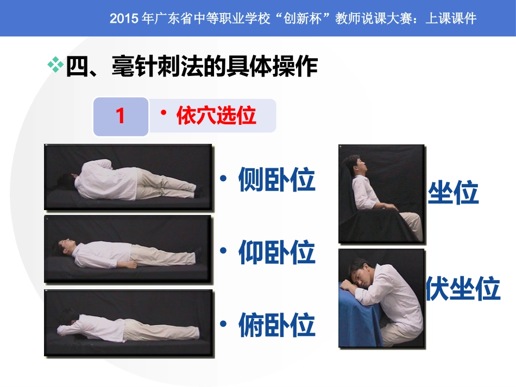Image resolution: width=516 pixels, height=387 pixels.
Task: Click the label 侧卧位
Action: (277, 180)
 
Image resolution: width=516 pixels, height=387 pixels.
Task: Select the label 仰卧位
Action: (277, 252)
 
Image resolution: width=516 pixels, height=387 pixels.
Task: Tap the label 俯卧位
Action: (277, 325)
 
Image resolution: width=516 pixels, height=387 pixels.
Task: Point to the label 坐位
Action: (453, 192)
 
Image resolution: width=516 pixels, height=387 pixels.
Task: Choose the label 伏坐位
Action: (463, 288)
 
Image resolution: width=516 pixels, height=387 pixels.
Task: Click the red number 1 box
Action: (121, 116)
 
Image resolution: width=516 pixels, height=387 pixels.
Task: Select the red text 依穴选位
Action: (216, 116)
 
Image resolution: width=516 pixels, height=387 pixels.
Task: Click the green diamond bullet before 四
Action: (55, 65)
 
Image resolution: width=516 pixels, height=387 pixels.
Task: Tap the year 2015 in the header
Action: (124, 18)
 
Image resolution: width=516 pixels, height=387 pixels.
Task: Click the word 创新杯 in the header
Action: (302, 18)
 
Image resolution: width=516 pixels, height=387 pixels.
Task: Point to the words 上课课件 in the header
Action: (451, 18)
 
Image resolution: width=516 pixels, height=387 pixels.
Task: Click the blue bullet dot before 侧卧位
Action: (223, 179)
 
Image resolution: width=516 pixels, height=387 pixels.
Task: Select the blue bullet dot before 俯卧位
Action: (223, 324)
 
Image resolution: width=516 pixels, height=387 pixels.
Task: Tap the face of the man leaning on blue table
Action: (362, 276)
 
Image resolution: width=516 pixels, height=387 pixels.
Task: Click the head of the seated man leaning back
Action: (355, 164)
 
